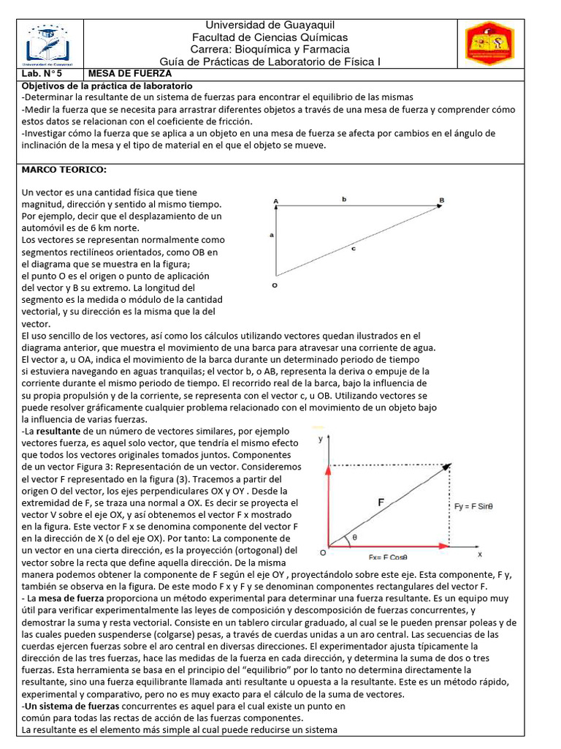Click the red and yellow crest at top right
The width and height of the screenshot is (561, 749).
(490, 43)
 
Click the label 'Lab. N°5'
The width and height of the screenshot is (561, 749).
(38, 74)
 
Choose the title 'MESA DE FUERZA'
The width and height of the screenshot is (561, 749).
(129, 74)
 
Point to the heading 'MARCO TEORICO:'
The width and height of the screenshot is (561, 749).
(64, 170)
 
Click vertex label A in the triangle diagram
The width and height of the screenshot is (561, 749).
(275, 200)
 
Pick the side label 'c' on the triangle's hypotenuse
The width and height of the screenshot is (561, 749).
(353, 249)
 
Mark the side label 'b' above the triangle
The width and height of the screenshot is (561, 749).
(343, 198)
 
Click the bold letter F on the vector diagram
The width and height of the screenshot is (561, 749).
(381, 502)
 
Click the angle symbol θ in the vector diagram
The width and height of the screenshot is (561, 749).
(355, 537)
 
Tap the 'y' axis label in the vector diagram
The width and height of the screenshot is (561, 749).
(321, 439)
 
